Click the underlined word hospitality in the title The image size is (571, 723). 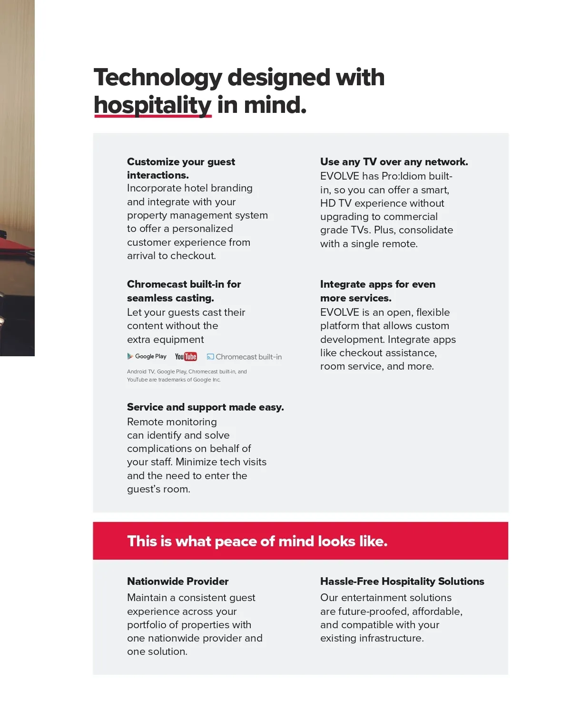(x=152, y=105)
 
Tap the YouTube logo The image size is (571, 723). (x=186, y=357)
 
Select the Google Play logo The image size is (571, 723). (x=147, y=356)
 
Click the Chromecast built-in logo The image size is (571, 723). (x=244, y=357)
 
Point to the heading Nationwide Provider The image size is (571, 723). (x=177, y=581)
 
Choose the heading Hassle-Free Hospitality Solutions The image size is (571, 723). (x=402, y=581)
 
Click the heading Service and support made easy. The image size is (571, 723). (x=205, y=407)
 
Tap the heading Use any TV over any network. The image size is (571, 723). (x=394, y=162)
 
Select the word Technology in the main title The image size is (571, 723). (x=158, y=78)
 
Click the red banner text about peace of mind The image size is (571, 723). (x=257, y=541)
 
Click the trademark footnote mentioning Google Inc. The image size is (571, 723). (x=187, y=375)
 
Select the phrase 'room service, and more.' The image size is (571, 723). (x=377, y=366)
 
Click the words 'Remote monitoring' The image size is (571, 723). (x=172, y=422)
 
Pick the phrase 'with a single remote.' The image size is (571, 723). (x=369, y=244)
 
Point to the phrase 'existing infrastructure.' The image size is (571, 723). (x=372, y=638)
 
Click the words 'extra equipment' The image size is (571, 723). (x=165, y=340)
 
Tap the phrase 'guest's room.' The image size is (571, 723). (x=158, y=489)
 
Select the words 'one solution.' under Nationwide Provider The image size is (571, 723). (x=157, y=652)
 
